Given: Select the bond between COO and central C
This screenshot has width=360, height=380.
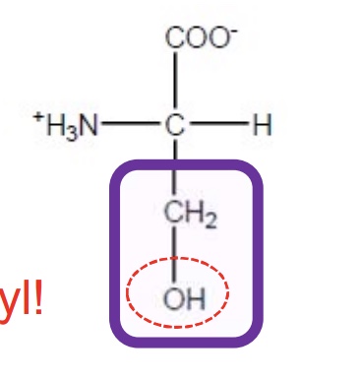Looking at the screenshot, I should click(176, 80).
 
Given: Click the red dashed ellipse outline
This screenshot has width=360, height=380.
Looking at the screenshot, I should click(227, 291).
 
